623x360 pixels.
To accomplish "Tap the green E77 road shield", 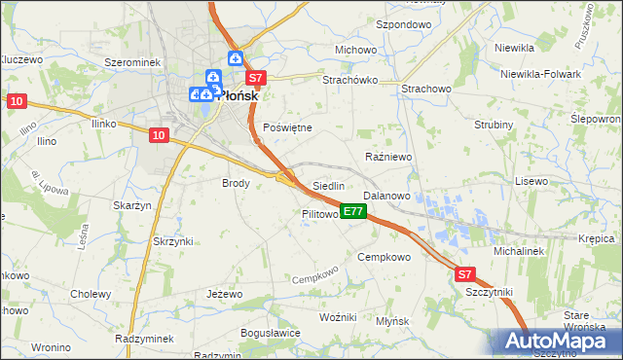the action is point(353,211).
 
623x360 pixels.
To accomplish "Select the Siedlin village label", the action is point(328,186).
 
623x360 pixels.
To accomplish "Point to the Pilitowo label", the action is point(320,214).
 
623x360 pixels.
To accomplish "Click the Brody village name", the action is point(237,183).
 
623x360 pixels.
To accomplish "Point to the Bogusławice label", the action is point(270,332).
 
